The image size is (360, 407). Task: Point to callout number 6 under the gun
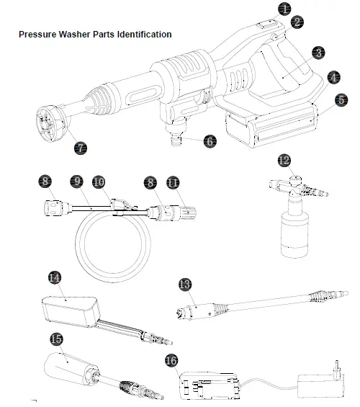[210, 141]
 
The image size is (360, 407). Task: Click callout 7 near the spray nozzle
[81, 148]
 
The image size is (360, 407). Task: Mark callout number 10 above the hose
[99, 183]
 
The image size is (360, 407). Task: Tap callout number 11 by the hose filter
[172, 183]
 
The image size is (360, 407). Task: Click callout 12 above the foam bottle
[284, 159]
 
